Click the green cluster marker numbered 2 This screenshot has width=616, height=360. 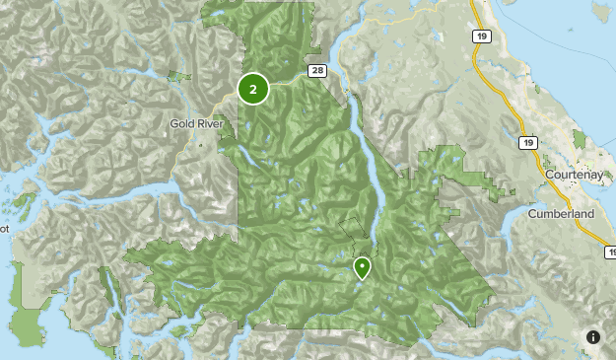click(x=253, y=89)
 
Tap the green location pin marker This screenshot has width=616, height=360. click(x=362, y=267)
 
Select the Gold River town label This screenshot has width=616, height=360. click(x=201, y=124)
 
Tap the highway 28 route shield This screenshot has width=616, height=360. click(x=315, y=70)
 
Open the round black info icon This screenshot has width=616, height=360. click(x=593, y=337)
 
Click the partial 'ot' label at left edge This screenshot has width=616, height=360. click(x=4, y=228)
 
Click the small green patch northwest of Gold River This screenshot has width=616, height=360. click(x=177, y=75)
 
